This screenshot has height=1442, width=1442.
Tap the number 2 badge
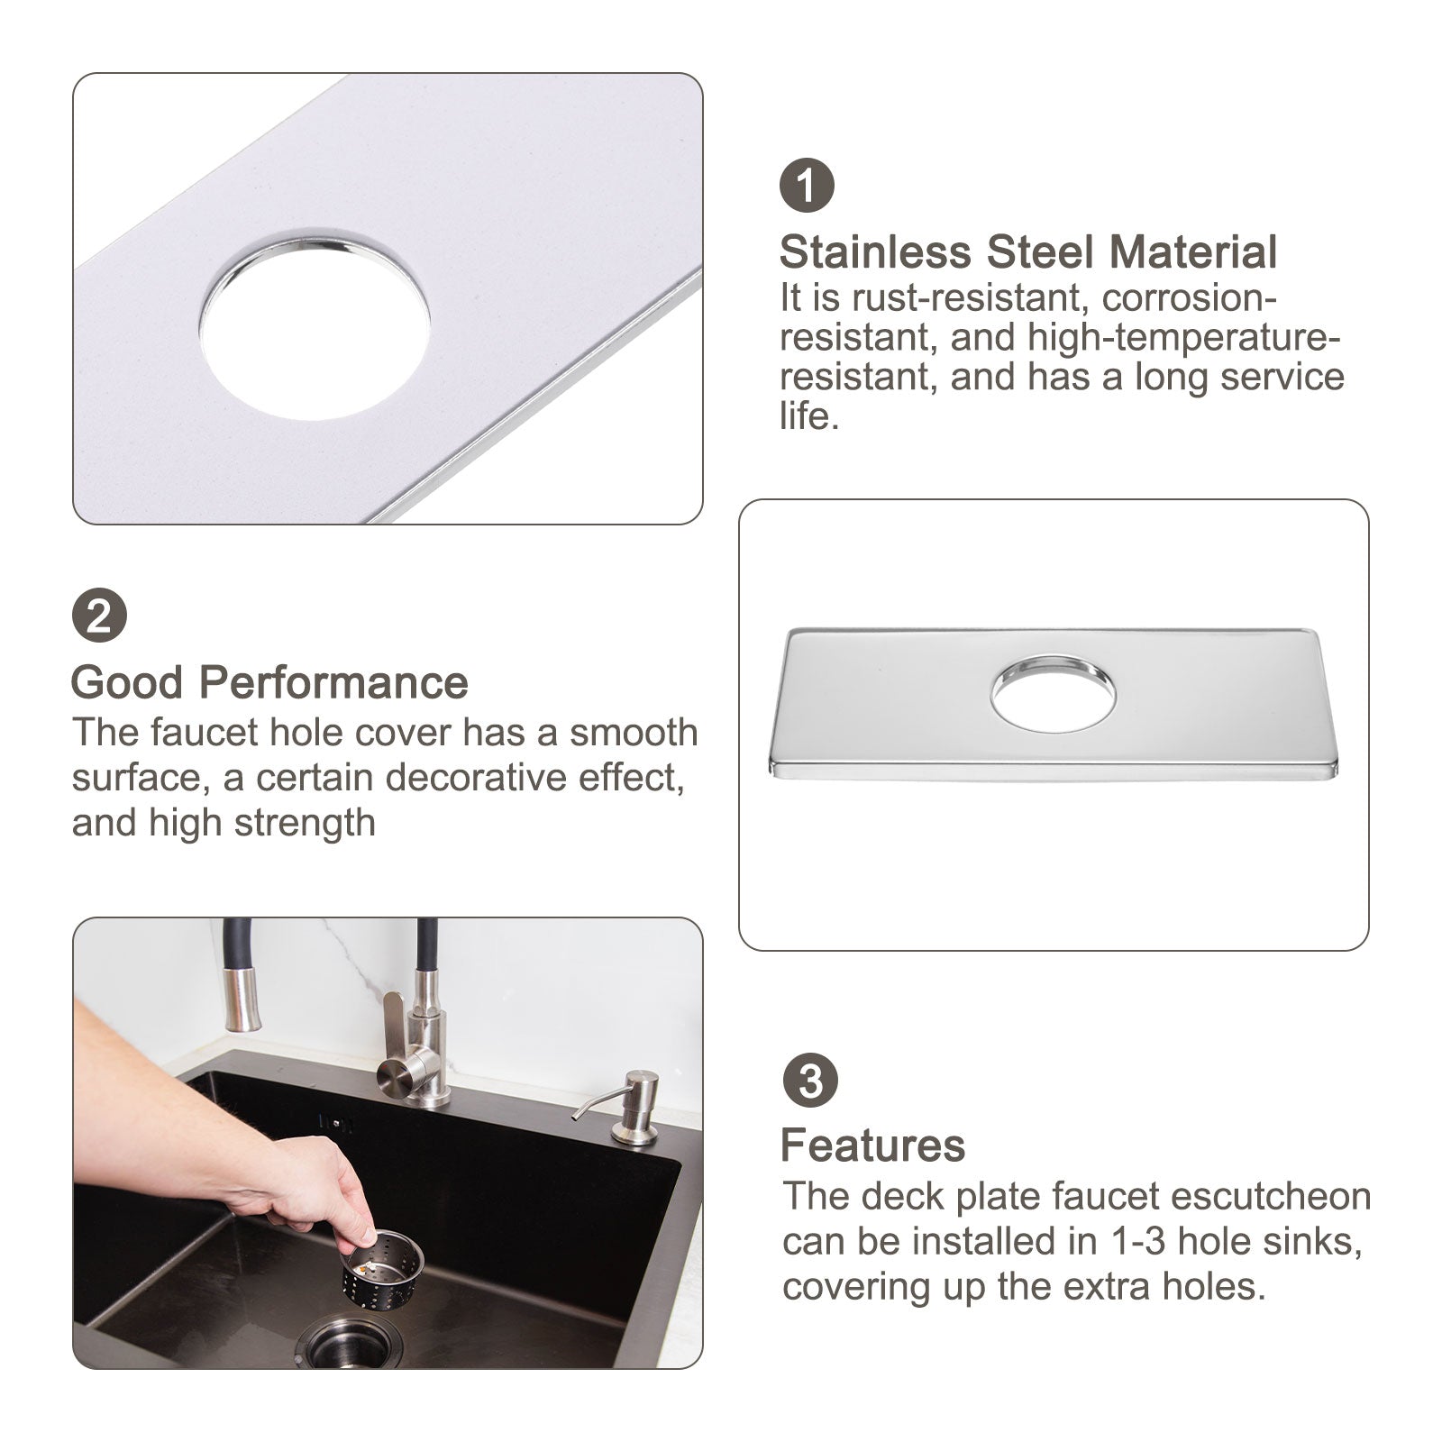[x=99, y=617]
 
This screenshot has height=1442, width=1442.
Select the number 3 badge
[x=809, y=1081]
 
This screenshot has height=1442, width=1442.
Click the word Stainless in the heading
[x=875, y=252]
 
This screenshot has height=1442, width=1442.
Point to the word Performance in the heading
[x=333, y=682]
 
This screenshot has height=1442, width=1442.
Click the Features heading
[x=872, y=1145]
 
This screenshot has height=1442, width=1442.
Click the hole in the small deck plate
[x=1053, y=698]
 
